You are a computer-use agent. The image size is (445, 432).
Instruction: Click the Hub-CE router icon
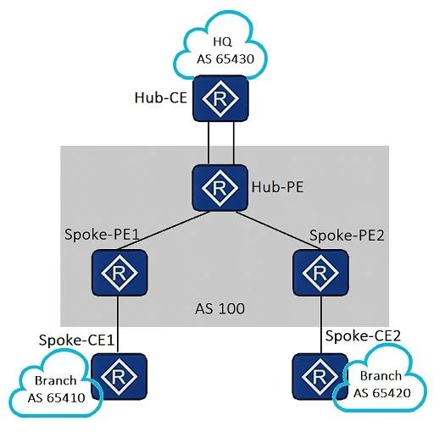[220, 98]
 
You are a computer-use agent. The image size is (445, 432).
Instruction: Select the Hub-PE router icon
[220, 187]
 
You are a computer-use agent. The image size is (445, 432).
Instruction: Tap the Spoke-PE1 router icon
[120, 273]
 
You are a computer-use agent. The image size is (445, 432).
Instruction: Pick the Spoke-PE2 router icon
[320, 273]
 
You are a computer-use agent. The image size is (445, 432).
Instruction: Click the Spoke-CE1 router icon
[119, 377]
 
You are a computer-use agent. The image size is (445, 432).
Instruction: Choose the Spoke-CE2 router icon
[320, 377]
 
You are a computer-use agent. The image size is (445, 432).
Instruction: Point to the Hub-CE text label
[161, 97]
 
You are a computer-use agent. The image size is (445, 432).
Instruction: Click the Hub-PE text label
[277, 187]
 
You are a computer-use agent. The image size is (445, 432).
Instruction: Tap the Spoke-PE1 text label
[102, 235]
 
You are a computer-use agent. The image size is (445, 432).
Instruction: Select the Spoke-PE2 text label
[347, 235]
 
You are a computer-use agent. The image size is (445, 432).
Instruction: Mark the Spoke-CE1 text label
[76, 340]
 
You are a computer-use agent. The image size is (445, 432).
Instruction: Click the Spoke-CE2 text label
[363, 335]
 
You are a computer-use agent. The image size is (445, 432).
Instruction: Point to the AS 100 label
[220, 309]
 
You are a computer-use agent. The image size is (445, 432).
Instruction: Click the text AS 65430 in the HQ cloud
[225, 59]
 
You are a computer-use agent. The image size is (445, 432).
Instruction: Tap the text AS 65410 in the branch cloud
[57, 398]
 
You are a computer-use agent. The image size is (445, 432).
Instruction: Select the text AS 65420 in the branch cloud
[382, 393]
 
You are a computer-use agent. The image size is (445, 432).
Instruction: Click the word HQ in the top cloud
[223, 42]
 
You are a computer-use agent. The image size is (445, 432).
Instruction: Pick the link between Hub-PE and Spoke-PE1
[164, 230]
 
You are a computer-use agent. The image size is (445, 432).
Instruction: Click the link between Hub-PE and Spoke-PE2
[278, 230]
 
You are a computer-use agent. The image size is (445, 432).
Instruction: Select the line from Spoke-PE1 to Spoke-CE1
[118, 324]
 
